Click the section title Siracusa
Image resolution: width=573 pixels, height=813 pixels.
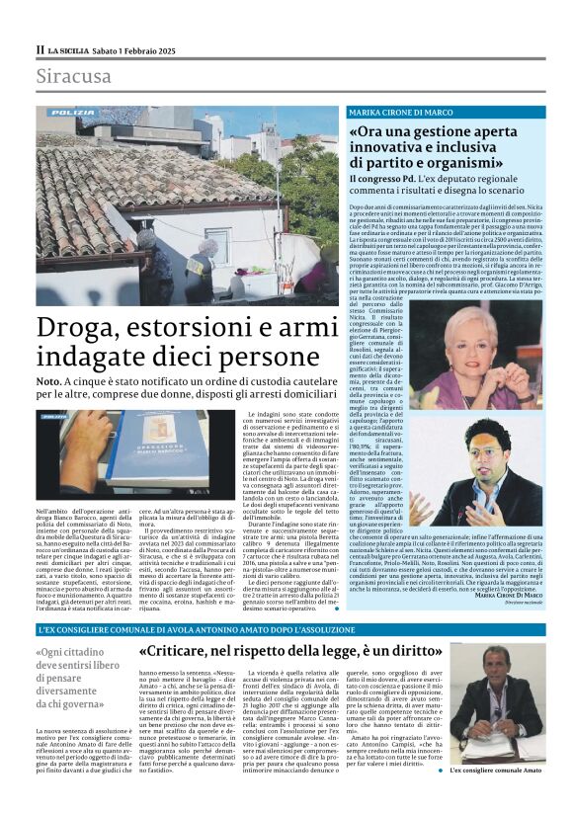pyautogui.click(x=75, y=76)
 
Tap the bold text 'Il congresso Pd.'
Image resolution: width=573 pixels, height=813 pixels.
pyautogui.click(x=388, y=178)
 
